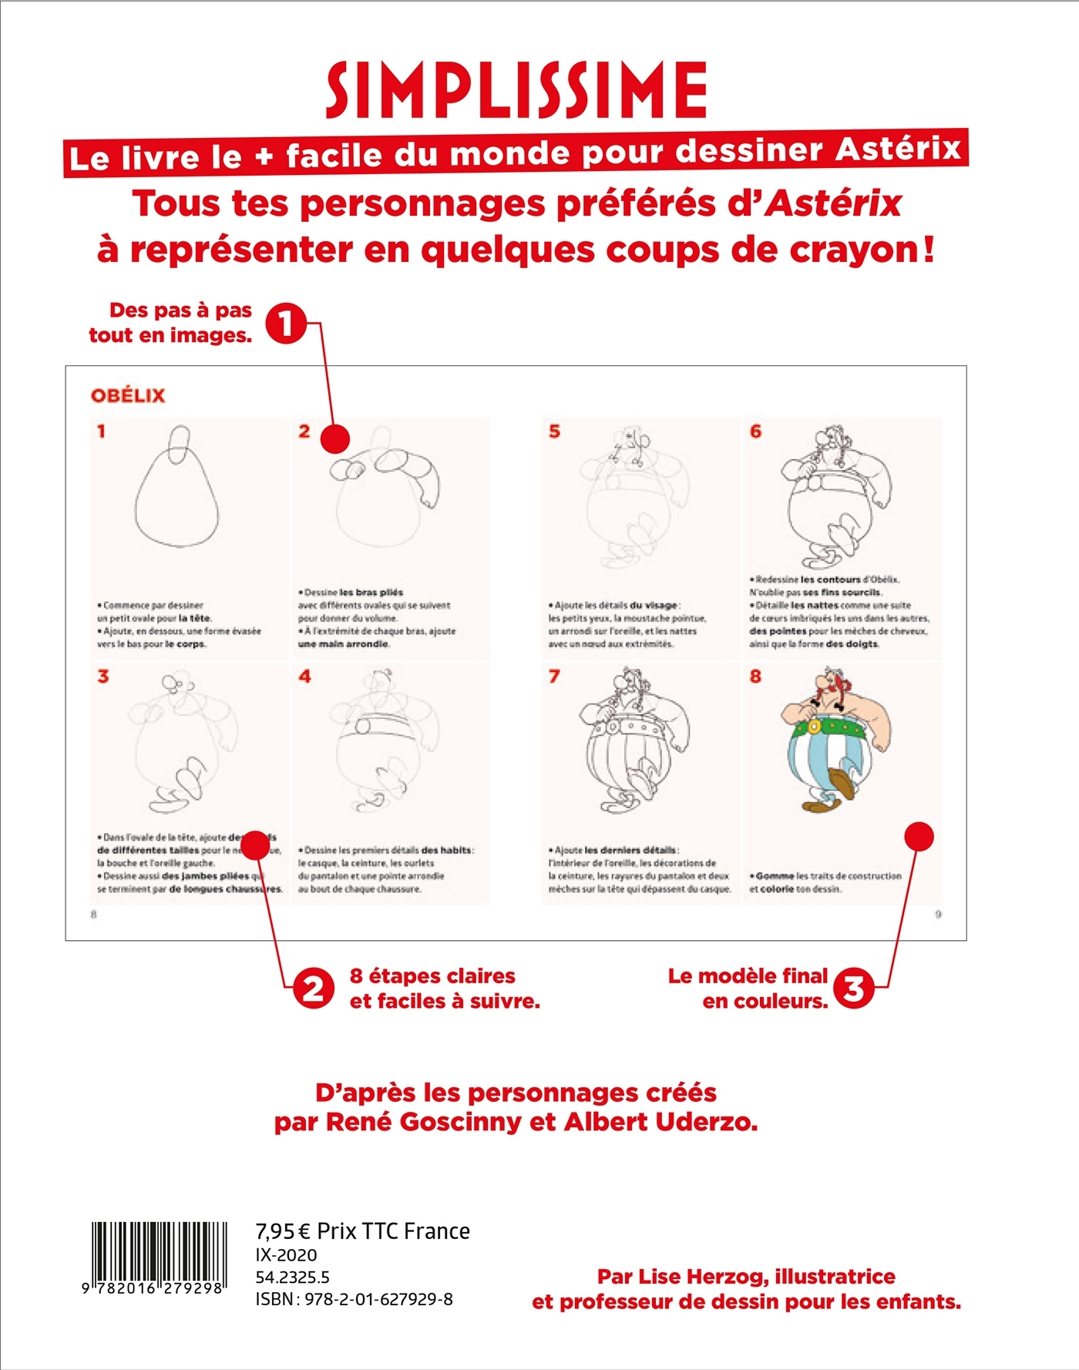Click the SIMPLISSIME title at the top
516,90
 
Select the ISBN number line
354,1299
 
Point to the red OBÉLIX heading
128,396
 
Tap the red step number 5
554,431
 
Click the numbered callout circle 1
286,324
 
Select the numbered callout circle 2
313,989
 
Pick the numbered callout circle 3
854,988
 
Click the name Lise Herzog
682,1277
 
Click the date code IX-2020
286,1255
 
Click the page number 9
938,915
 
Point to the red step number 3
103,677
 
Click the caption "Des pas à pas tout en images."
171,323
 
